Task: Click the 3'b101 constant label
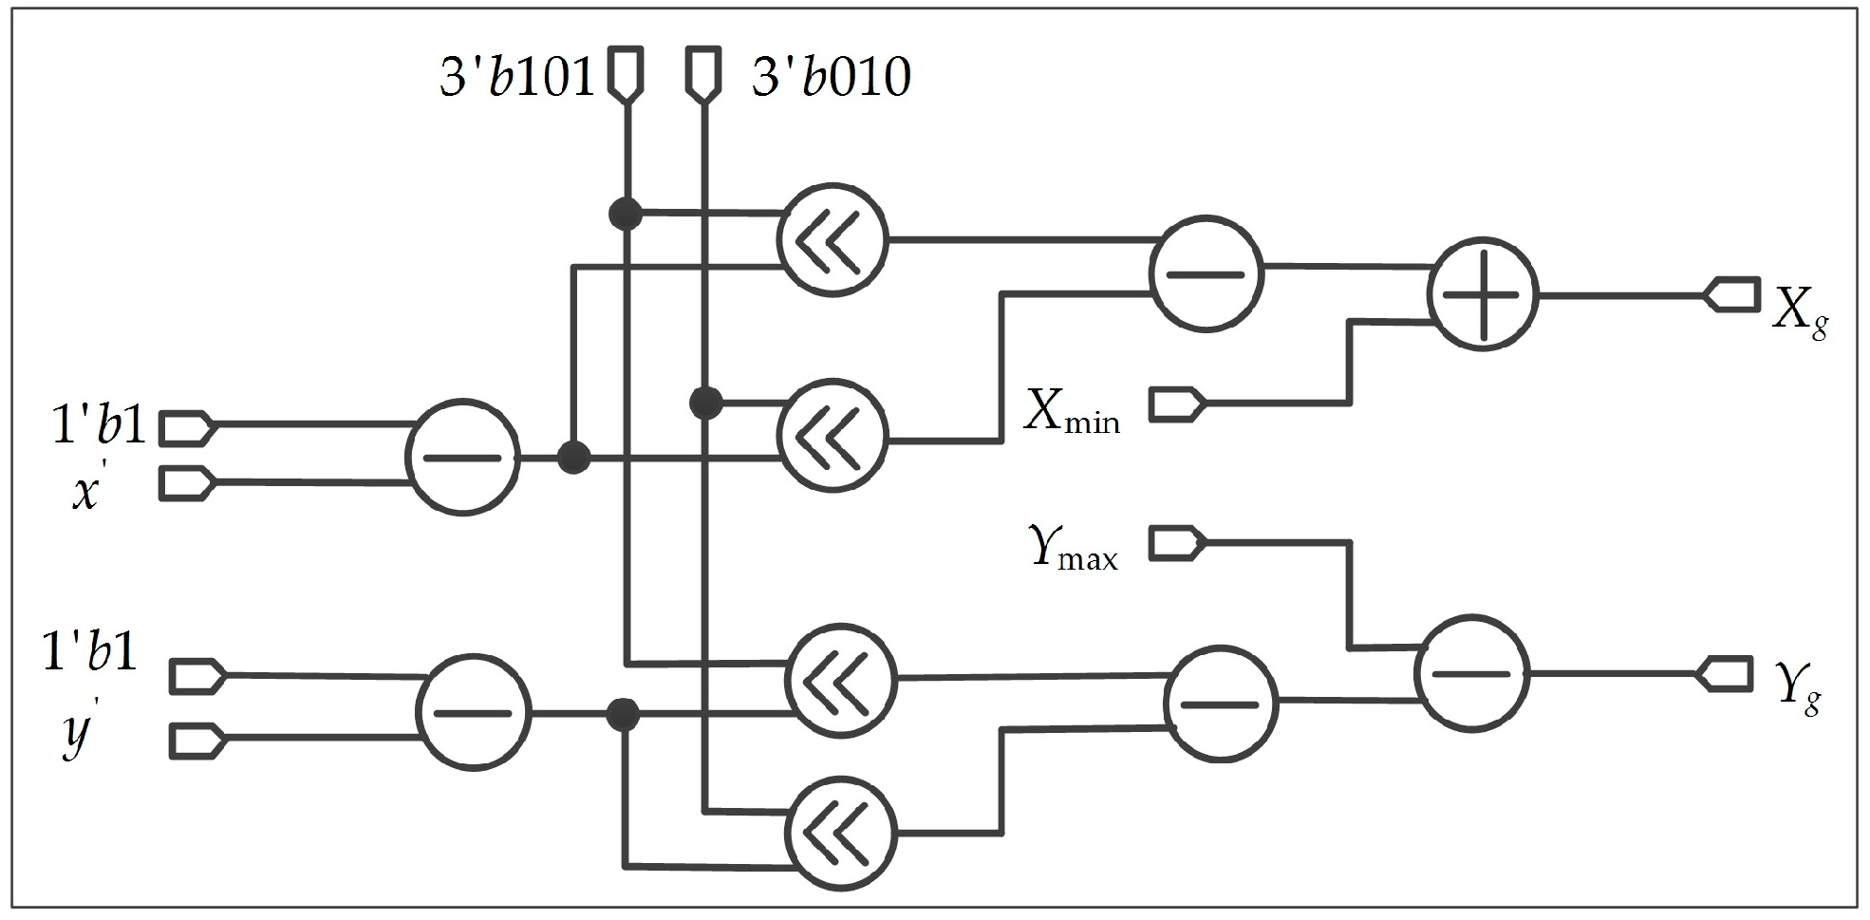515,76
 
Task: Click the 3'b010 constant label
831,76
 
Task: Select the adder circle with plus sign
1482,295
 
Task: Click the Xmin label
1072,414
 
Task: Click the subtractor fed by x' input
462,458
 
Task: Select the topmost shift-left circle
832,238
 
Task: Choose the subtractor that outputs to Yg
1471,673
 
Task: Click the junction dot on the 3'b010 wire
705,403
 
